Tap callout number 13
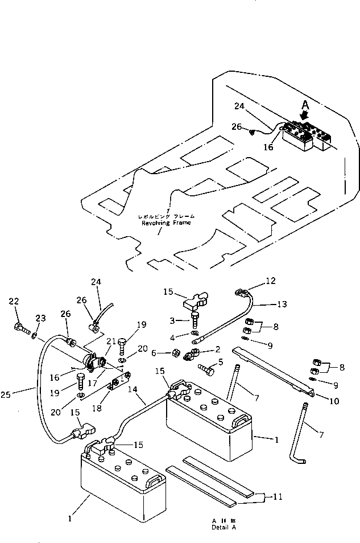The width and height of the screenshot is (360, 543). click(x=282, y=304)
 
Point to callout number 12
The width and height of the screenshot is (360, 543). click(x=270, y=281)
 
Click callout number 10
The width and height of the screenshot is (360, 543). click(x=334, y=401)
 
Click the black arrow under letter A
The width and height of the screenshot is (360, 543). click(x=305, y=116)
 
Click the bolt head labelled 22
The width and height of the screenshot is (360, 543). click(x=20, y=329)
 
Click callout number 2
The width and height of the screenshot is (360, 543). click(x=216, y=349)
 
